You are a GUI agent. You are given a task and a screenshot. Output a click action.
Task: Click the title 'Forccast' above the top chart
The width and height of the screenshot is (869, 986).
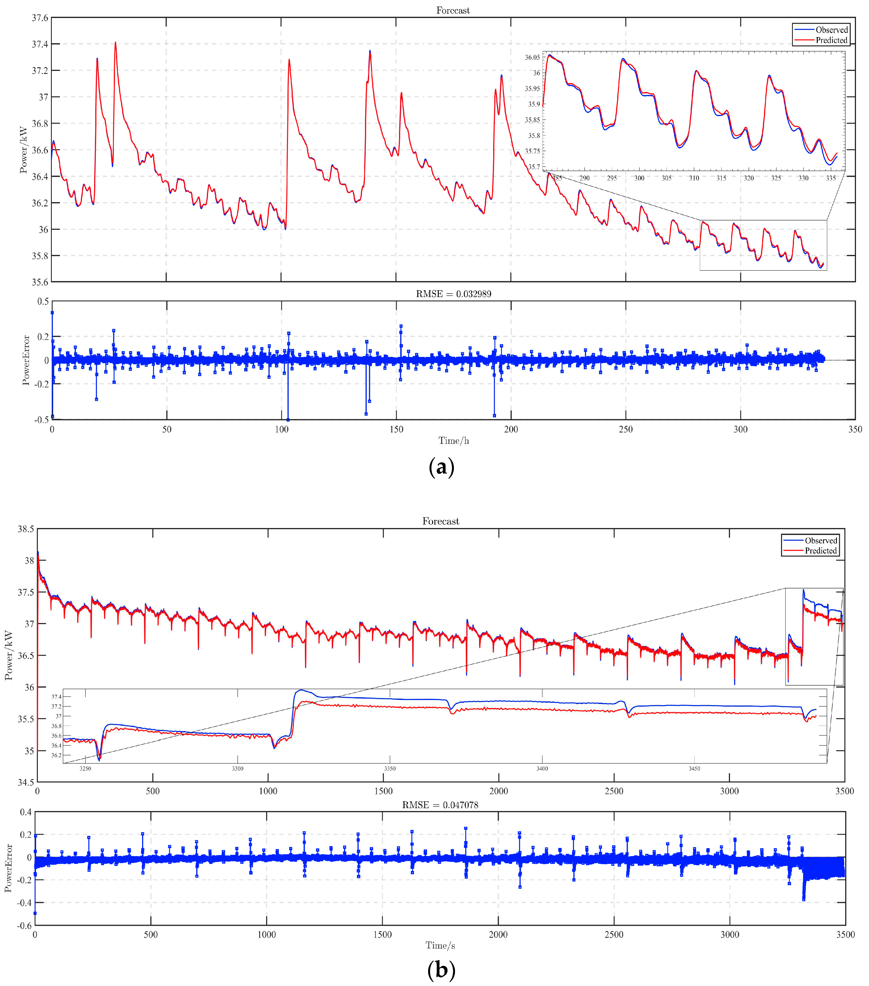(453, 10)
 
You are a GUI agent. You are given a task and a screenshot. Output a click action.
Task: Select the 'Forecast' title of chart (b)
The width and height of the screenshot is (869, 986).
(441, 521)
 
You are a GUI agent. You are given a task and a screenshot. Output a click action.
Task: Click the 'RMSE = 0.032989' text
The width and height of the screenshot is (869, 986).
(454, 294)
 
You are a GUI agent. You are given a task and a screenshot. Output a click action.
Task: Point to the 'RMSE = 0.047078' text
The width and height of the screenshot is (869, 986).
(440, 805)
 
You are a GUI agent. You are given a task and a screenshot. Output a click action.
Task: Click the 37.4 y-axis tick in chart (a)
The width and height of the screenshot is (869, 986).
(40, 44)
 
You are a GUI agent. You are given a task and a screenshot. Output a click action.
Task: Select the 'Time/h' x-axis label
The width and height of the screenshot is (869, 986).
(454, 441)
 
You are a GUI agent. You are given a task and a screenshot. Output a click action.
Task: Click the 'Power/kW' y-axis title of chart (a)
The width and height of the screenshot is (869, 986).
(24, 150)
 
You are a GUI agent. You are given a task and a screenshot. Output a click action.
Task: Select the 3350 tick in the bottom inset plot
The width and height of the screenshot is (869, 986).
(389, 768)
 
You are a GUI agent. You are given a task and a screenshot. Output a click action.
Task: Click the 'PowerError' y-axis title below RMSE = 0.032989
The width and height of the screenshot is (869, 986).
(26, 360)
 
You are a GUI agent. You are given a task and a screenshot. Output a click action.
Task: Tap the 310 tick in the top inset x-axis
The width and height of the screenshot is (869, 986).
(694, 178)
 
